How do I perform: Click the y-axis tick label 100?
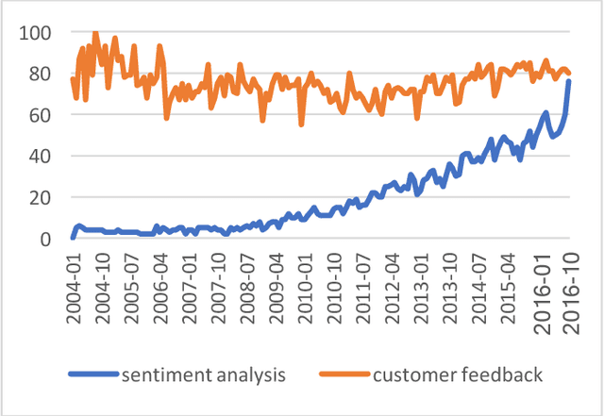point(34,33)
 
